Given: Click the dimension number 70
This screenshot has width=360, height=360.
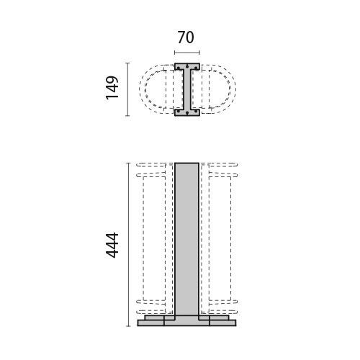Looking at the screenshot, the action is coord(186,37).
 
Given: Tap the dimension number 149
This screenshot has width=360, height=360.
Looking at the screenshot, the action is coord(112,88).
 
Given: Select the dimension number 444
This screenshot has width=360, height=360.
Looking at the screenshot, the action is coord(112,245).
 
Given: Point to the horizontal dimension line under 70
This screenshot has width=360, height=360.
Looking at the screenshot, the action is coord(187,53).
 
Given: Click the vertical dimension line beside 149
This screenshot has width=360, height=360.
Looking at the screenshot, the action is coord(127,89).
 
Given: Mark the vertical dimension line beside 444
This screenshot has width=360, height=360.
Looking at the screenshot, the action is coord(128,245).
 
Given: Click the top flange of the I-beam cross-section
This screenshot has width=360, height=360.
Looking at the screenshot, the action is coord(187,66).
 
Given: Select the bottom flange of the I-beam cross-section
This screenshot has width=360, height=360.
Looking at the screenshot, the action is coord(187,112).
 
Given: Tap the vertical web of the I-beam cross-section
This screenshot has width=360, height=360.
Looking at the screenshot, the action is coord(187,89).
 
